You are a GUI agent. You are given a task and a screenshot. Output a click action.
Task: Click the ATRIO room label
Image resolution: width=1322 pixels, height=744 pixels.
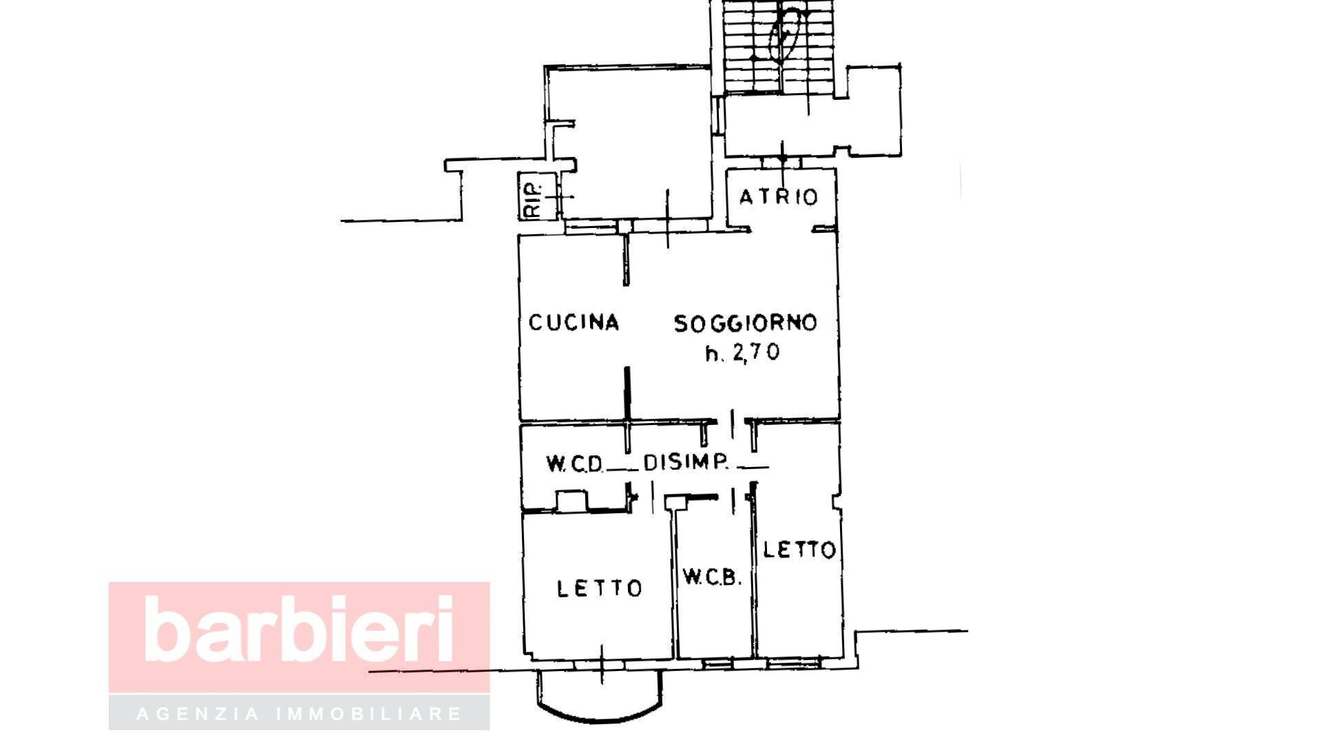[779, 197]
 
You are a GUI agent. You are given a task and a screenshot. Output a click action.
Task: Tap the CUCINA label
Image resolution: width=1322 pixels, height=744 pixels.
[574, 322]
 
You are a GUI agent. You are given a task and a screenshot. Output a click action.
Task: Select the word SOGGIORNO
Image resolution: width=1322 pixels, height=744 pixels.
[746, 323]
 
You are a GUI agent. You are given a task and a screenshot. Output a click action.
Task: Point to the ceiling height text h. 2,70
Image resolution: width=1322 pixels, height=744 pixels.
[742, 353]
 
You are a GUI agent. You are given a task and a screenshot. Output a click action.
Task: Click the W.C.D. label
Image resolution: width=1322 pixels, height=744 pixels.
[575, 463]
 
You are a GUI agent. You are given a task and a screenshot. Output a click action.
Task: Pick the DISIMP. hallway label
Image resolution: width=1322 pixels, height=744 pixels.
[686, 462]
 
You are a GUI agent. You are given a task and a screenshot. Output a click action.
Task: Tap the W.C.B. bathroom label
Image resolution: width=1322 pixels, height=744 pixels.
[713, 577]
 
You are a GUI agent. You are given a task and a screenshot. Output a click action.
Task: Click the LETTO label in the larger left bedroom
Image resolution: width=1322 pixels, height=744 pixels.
[600, 588]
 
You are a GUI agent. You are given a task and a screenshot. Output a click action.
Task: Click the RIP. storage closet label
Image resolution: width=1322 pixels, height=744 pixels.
[535, 199]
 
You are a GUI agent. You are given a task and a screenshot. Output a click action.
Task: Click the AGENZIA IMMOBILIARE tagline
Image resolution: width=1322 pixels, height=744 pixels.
[300, 713]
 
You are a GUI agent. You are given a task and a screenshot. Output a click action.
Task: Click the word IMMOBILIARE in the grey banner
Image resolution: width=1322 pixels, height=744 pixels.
[369, 713]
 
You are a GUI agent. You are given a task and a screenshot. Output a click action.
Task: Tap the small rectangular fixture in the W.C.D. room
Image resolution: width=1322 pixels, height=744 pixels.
[571, 501]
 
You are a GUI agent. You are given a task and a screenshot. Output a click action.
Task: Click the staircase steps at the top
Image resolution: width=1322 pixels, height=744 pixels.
[779, 45]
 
